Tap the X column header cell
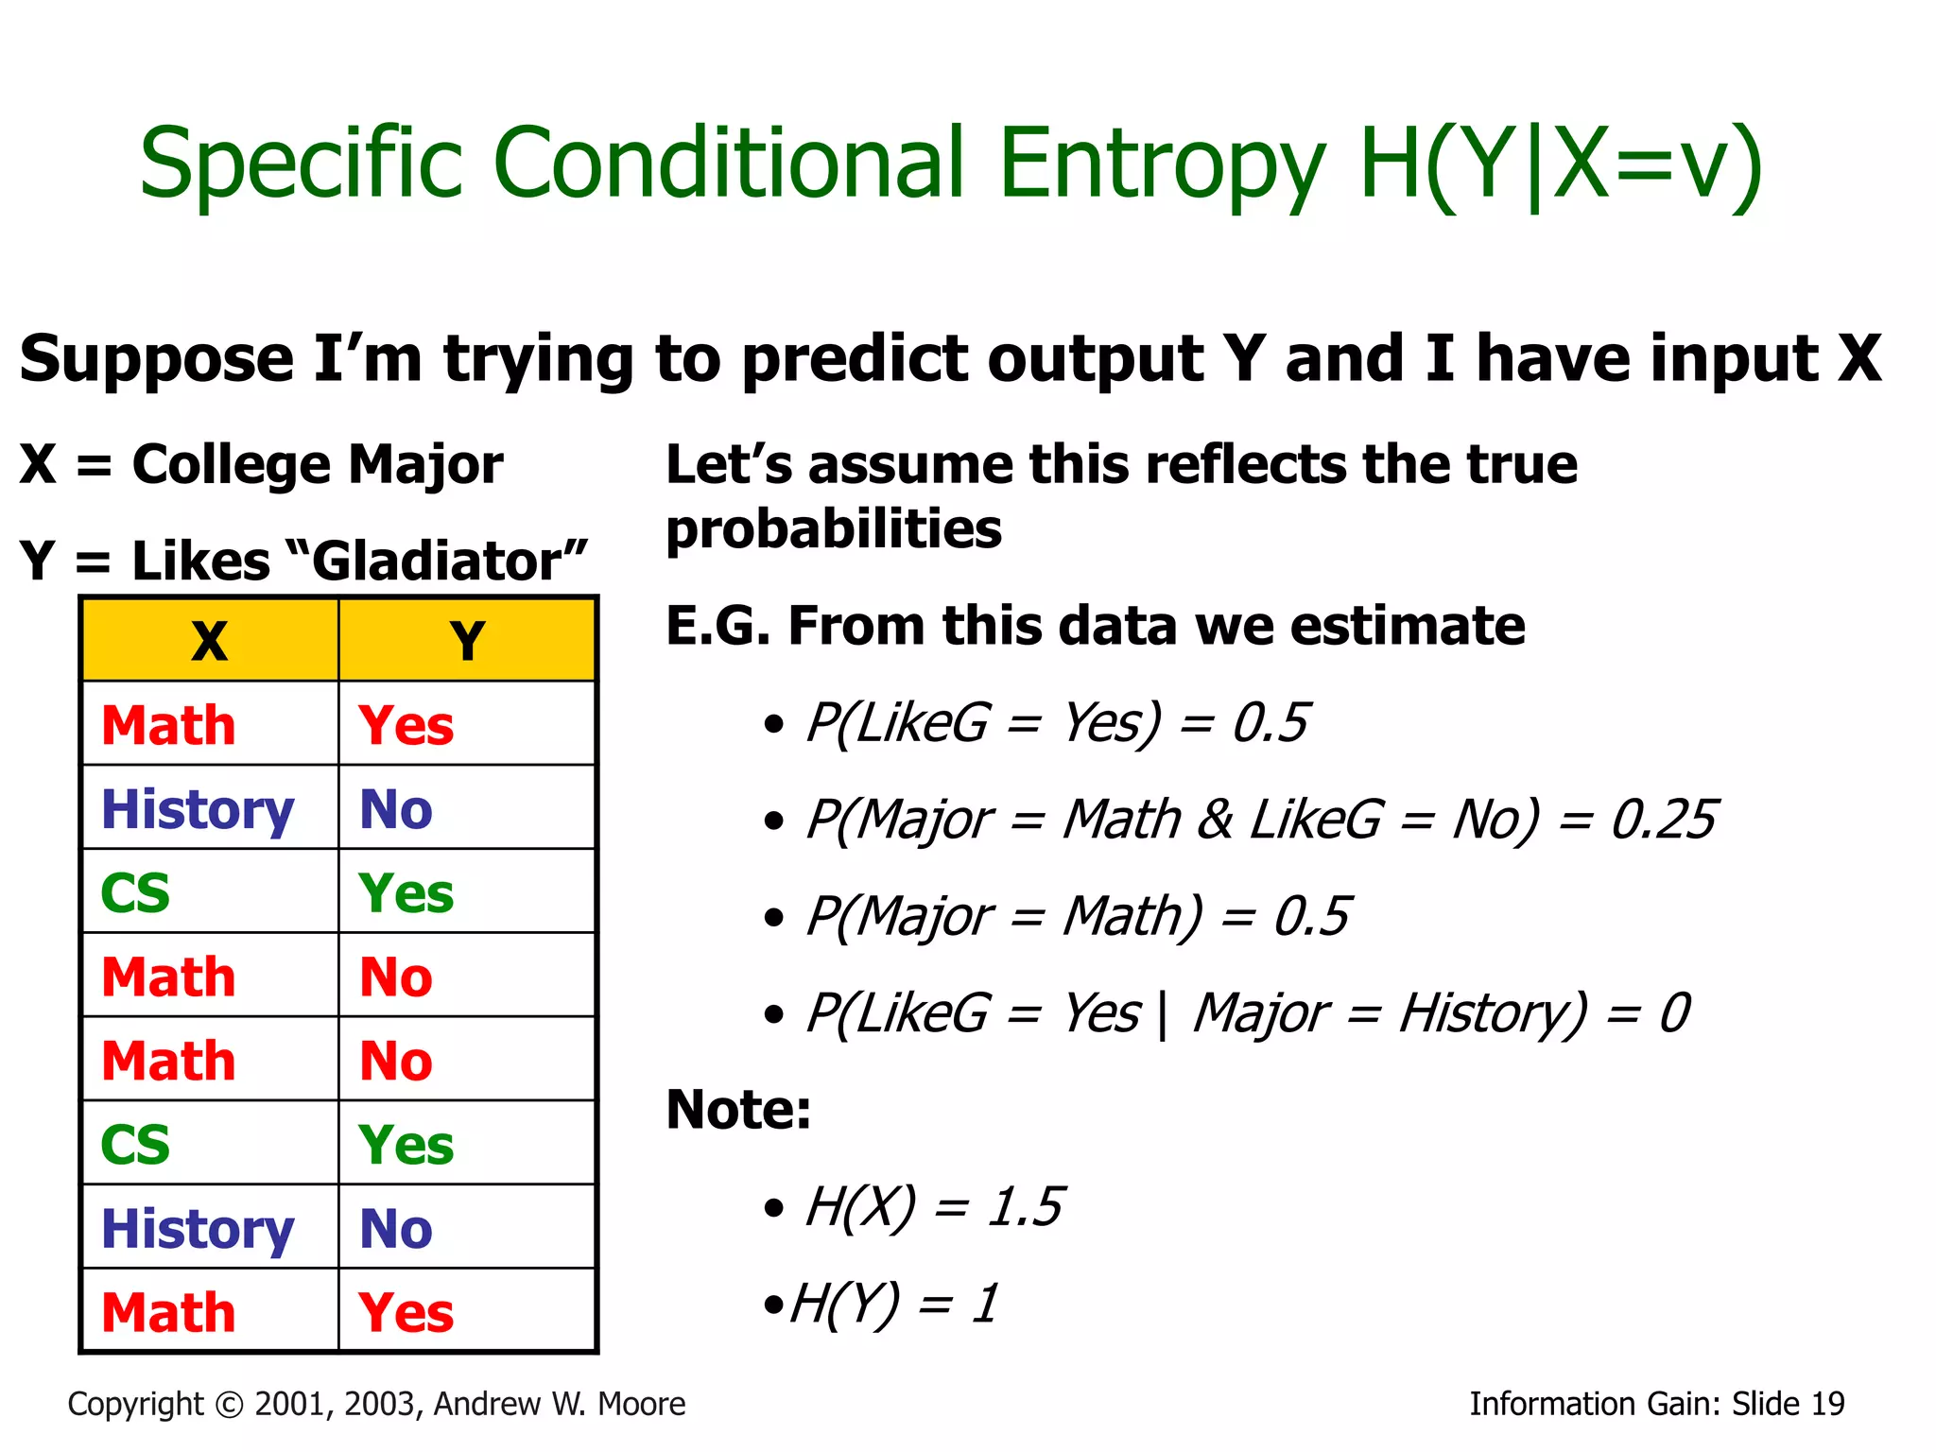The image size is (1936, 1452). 210,641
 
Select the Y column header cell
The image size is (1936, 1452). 467,641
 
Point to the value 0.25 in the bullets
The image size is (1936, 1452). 1663,819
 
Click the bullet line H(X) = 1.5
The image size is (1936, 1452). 932,1206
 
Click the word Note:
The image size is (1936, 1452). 738,1109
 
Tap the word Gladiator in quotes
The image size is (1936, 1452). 437,562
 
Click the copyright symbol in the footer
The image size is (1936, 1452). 229,1405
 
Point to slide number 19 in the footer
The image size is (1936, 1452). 1827,1404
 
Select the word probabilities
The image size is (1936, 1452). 834,528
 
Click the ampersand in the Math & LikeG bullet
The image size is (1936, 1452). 1216,819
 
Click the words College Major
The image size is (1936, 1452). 318,464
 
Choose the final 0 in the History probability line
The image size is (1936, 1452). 1674,1012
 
